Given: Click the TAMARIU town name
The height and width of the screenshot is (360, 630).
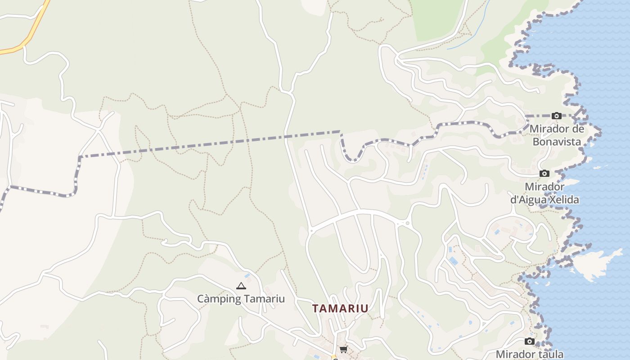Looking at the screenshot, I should (x=340, y=308).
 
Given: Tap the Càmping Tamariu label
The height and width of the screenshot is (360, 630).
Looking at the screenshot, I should (x=241, y=299).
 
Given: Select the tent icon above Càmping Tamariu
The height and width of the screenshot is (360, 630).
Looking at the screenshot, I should (x=241, y=286).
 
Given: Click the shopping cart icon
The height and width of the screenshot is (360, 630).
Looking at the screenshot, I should (x=343, y=349).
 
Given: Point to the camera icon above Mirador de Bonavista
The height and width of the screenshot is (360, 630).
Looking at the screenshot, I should (x=557, y=116).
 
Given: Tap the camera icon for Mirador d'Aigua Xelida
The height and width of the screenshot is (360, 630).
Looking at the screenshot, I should (x=544, y=174).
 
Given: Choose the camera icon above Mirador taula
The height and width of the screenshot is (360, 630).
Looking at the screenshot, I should (x=530, y=342).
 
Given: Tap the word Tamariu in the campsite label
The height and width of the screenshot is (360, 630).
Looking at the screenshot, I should (x=265, y=299).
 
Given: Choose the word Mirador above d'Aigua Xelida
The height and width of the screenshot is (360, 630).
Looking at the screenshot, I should (x=544, y=187).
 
